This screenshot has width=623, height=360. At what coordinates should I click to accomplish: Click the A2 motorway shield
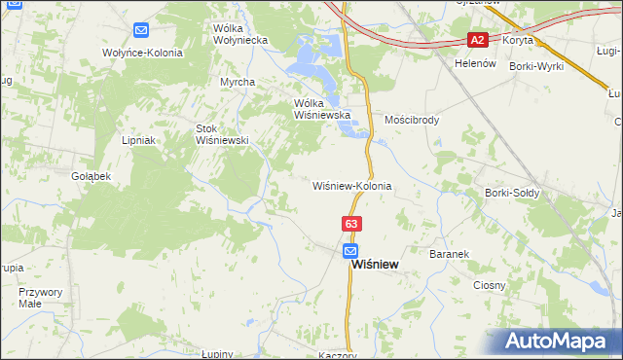(x=477, y=40)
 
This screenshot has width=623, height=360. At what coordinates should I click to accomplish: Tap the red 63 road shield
(x=351, y=224)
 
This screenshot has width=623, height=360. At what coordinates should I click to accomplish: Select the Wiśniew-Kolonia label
(x=351, y=185)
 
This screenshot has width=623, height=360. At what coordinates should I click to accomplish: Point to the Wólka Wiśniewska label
(x=321, y=108)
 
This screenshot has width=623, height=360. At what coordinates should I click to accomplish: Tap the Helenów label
(x=475, y=63)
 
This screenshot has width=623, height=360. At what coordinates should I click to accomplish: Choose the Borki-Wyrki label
(x=535, y=64)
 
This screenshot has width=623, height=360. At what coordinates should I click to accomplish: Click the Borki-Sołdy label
(x=512, y=193)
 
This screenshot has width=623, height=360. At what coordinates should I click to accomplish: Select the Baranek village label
(x=450, y=253)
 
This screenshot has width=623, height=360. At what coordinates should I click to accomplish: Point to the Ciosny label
(x=489, y=285)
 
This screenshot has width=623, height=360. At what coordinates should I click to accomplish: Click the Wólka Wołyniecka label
(x=240, y=34)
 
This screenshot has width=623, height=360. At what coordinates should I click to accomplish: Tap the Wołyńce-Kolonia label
(x=142, y=53)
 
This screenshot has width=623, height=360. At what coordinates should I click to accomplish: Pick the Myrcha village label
(x=237, y=82)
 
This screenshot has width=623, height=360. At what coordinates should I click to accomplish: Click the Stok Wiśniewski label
(x=223, y=133)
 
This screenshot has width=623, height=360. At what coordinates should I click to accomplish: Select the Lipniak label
(x=139, y=140)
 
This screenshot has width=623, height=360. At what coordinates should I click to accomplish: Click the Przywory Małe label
(x=40, y=297)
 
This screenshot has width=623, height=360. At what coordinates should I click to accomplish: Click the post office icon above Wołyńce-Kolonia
(x=141, y=31)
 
